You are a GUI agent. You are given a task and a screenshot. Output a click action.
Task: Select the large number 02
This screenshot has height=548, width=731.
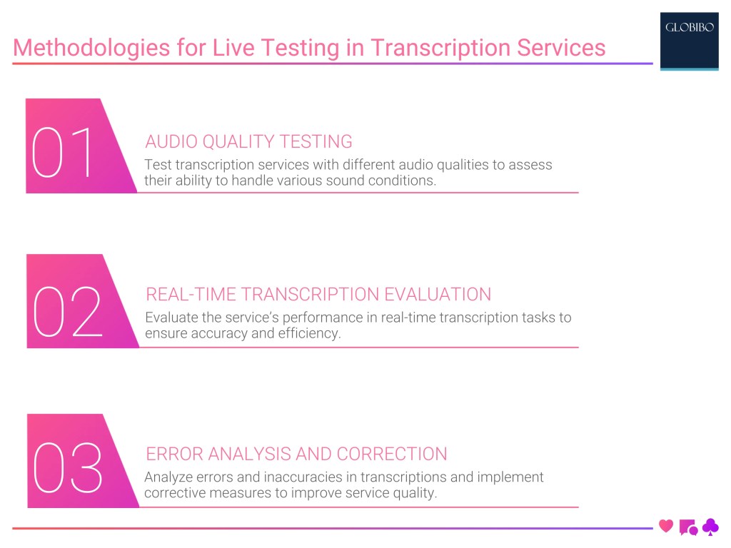(x=68, y=312)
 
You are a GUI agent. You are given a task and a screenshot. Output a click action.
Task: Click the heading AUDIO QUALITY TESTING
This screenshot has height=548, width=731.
(x=248, y=141)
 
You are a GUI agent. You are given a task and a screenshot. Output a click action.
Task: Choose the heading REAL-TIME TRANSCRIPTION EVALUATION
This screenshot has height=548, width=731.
(x=318, y=294)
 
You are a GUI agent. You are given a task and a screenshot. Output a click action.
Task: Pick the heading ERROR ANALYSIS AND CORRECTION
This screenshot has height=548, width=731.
(x=296, y=454)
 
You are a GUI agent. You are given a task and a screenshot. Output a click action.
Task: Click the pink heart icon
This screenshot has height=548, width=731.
(x=666, y=527)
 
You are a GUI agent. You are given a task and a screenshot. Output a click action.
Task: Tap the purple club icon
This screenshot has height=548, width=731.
(x=711, y=527)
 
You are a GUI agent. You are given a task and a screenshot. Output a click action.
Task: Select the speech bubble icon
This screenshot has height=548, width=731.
(x=688, y=527)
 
